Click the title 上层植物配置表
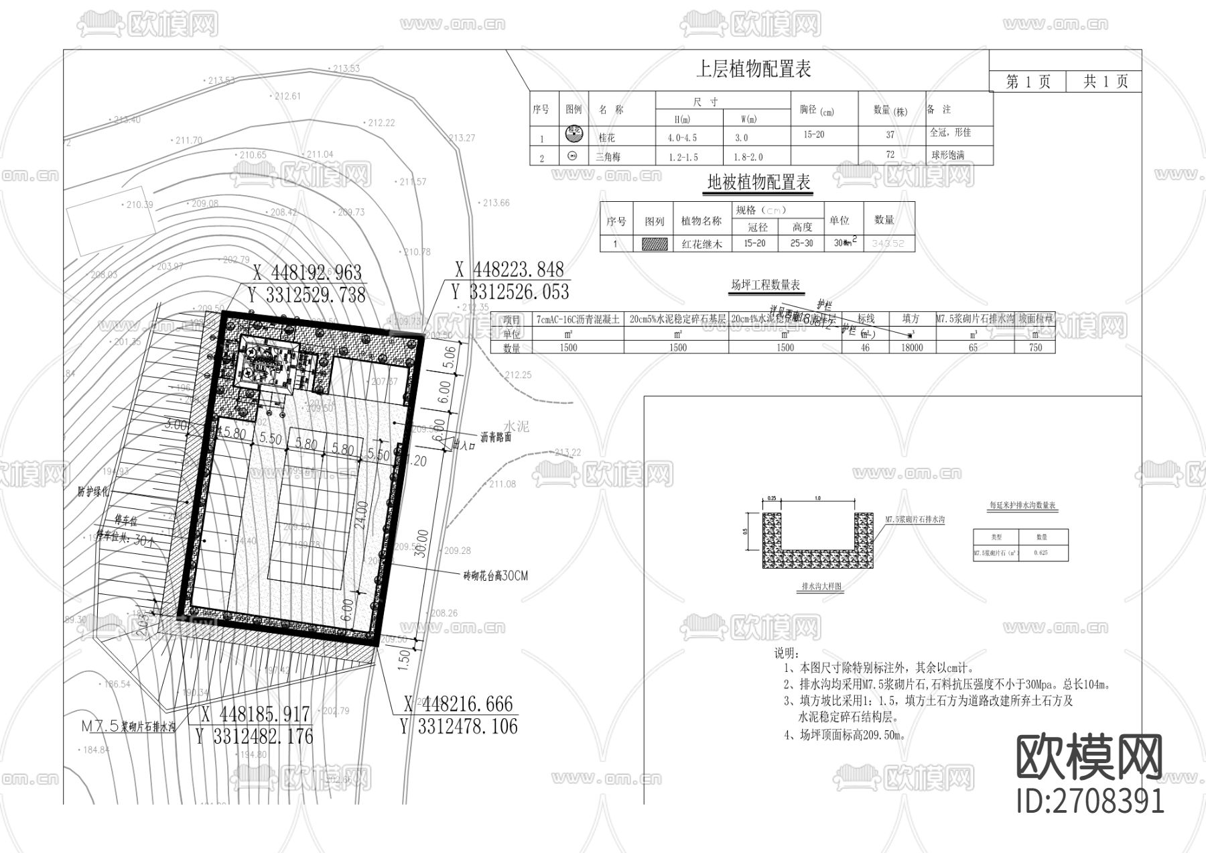tap(754, 69)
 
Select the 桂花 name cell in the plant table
tap(606, 137)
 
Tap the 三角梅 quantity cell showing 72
tap(890, 155)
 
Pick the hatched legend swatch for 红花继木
tap(655, 244)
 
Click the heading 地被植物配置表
tap(759, 182)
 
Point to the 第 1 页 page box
tap(1028, 82)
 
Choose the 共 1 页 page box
tap(1105, 82)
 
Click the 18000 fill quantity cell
tap(912, 347)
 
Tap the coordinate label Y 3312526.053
tap(510, 292)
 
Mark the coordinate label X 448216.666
tap(458, 704)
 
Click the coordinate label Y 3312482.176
tap(254, 736)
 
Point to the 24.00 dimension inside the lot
tap(362, 515)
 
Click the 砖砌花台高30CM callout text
tap(495, 576)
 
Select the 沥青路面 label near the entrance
tap(496, 437)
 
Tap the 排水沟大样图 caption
tap(821, 586)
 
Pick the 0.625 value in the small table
tap(1041, 553)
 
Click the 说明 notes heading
tap(786, 652)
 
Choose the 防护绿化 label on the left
tap(92, 492)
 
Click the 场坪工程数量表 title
tap(765, 286)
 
